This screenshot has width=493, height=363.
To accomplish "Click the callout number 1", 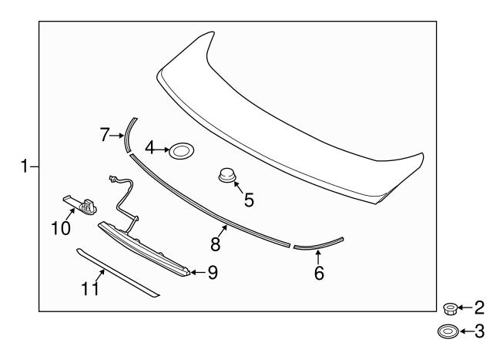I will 25,166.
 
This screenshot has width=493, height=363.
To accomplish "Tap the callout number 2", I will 479,309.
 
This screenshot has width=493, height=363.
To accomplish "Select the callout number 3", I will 479,332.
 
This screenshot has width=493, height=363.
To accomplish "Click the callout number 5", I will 249,200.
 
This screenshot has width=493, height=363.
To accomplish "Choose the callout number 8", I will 216,244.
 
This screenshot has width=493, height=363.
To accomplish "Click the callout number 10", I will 61,228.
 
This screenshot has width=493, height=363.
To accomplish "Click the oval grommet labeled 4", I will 181,151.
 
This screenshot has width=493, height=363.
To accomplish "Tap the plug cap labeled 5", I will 226,176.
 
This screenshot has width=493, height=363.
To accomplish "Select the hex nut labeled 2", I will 451,309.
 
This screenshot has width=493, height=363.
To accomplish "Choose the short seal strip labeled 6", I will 317,244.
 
